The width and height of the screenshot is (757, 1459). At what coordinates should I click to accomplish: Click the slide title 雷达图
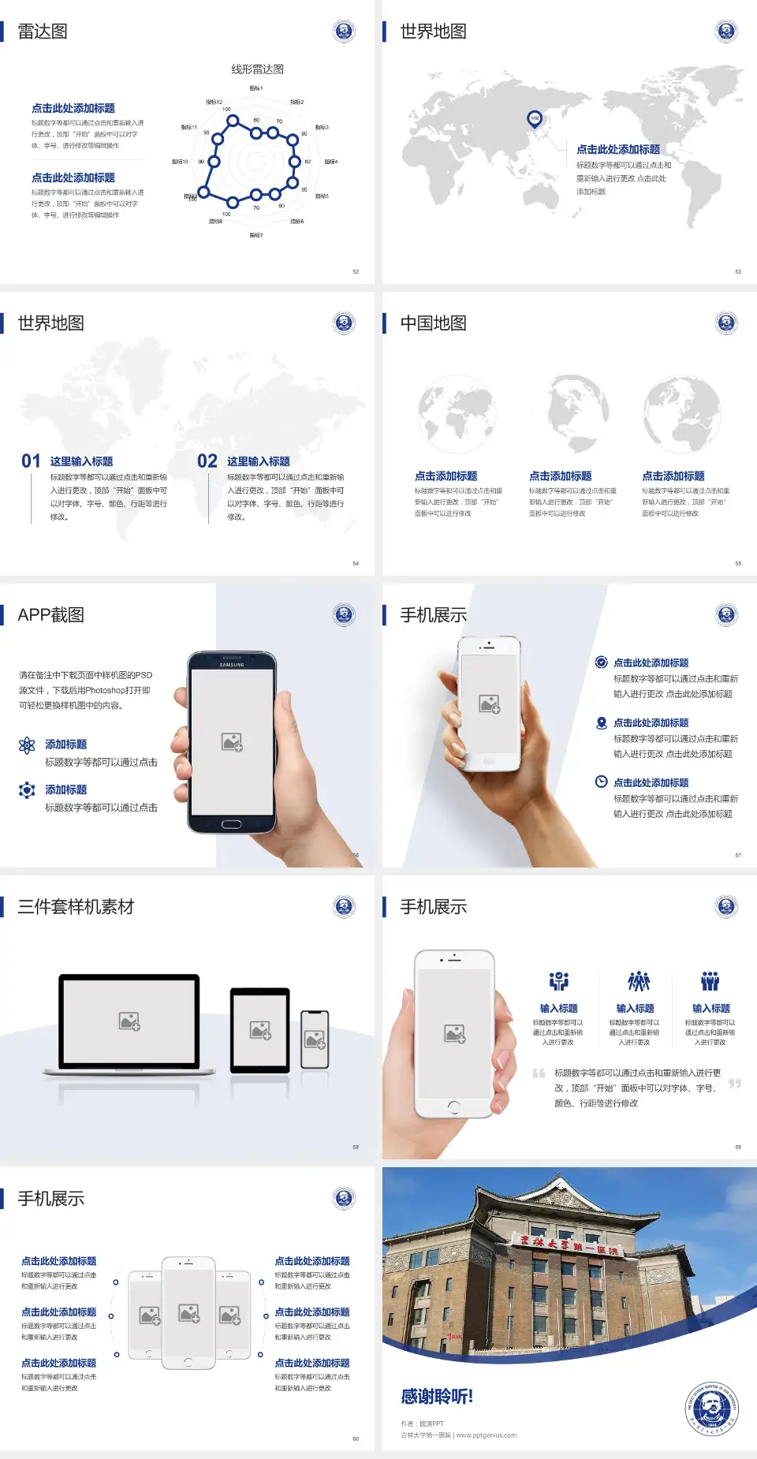(x=43, y=32)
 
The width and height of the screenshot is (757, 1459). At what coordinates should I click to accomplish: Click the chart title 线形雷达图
(x=257, y=69)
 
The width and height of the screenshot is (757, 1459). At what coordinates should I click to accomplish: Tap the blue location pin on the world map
(x=534, y=118)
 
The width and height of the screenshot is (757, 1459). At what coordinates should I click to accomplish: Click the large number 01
(x=31, y=461)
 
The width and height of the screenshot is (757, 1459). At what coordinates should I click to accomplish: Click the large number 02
(x=207, y=461)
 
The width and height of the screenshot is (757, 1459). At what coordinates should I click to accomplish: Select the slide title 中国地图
(x=433, y=323)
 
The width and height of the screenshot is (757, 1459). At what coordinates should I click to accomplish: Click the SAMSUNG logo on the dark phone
(x=232, y=665)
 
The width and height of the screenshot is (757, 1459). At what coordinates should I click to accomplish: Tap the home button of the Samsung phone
(x=231, y=824)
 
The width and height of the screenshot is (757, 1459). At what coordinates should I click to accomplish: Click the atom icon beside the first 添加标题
(x=27, y=745)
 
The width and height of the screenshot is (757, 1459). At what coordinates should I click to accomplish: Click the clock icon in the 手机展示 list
(x=601, y=782)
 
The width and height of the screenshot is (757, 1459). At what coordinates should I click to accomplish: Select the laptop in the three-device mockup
(x=129, y=1022)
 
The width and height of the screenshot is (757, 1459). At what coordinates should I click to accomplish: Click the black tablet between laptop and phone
(x=260, y=1029)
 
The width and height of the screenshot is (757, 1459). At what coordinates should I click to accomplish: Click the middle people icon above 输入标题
(x=638, y=981)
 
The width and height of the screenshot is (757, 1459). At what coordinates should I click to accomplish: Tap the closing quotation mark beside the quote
(x=735, y=1084)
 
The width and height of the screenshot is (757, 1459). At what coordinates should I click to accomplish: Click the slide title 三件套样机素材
(x=76, y=907)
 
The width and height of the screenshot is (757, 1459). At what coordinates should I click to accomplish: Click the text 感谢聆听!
(x=437, y=1397)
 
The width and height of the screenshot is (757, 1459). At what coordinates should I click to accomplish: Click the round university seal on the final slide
(x=711, y=1409)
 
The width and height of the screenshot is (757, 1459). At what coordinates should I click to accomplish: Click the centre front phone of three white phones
(x=188, y=1312)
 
